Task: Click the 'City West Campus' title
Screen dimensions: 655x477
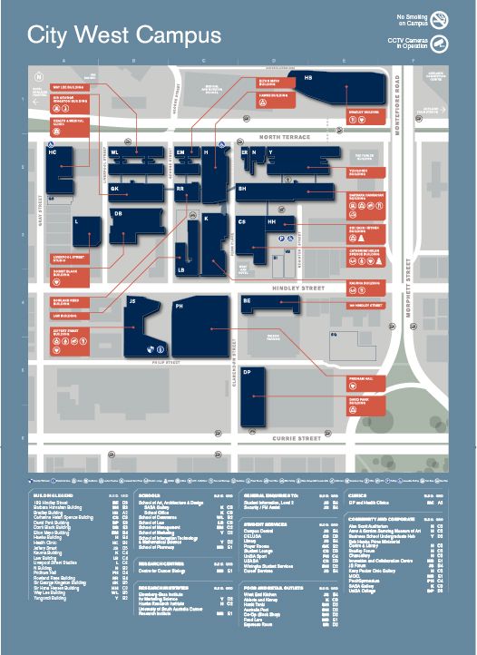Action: (124, 35)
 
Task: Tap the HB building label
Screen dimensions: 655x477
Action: (308, 79)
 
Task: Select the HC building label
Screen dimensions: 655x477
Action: (53, 152)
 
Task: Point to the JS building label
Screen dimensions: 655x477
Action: (131, 300)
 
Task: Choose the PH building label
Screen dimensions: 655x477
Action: (179, 306)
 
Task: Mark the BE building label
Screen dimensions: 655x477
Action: (247, 300)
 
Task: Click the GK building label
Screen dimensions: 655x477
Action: (115, 189)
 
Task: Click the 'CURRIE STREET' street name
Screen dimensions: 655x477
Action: (298, 438)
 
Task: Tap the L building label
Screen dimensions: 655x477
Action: (77, 221)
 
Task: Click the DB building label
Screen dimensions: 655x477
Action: (118, 214)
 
